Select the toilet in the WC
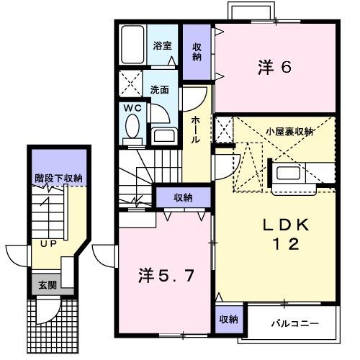(x=132, y=127)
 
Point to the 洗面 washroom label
(x=160, y=90)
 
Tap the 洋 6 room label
(x=274, y=68)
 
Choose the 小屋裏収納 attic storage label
(x=289, y=132)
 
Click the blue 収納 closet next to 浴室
(x=197, y=52)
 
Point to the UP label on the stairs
(x=48, y=244)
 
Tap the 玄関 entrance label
(x=45, y=284)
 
